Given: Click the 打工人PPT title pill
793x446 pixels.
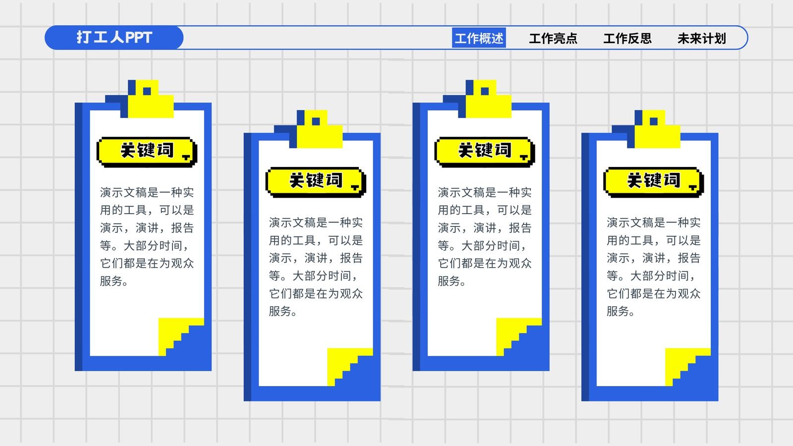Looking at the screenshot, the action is click(114, 38).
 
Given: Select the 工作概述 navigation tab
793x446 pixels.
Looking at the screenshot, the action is click(479, 38).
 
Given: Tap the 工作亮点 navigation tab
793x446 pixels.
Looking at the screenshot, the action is click(553, 38).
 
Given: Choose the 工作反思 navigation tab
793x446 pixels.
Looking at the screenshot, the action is click(627, 38).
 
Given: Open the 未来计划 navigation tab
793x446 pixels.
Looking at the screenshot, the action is click(702, 38).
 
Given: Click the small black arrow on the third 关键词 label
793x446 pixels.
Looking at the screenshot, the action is click(523, 157).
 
